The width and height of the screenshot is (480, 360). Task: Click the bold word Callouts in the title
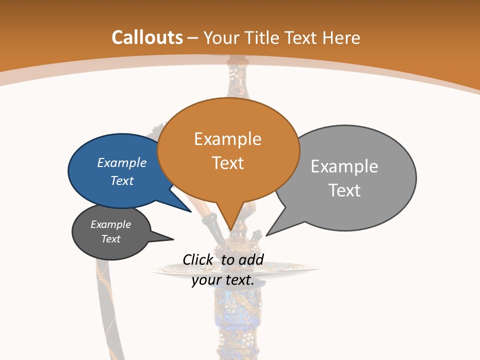pyautogui.click(x=147, y=37)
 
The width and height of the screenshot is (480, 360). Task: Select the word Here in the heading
pyautogui.click(x=341, y=37)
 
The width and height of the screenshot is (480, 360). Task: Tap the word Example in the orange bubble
pyautogui.click(x=227, y=139)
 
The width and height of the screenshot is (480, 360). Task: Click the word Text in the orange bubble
pyautogui.click(x=227, y=163)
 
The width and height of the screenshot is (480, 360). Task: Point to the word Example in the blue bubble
pyautogui.click(x=122, y=162)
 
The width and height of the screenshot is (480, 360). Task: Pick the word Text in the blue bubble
pyautogui.click(x=122, y=180)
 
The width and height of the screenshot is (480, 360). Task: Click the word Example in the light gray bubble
pyautogui.click(x=344, y=166)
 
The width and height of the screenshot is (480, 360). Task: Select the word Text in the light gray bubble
pyautogui.click(x=344, y=190)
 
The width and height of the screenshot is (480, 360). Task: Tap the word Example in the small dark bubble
pyautogui.click(x=111, y=224)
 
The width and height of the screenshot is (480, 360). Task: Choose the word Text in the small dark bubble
pyautogui.click(x=111, y=239)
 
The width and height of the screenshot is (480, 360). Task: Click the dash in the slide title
pyautogui.click(x=193, y=38)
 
